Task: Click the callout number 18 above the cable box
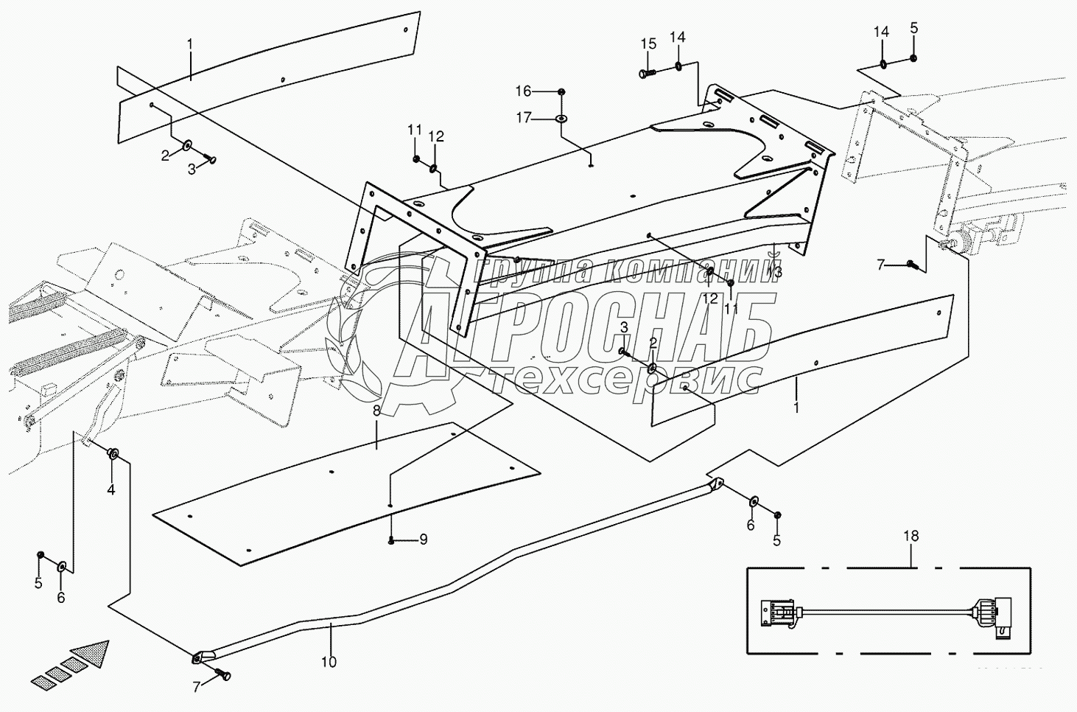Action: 911,536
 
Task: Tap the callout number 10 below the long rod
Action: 329,662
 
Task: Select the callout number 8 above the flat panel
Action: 376,411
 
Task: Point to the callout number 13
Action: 773,271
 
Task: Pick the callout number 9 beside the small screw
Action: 423,540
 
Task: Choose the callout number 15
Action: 648,44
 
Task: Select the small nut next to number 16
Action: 561,91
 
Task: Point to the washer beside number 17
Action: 561,118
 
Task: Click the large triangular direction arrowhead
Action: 91,654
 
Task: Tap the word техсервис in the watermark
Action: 626,377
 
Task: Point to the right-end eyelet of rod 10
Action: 714,484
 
